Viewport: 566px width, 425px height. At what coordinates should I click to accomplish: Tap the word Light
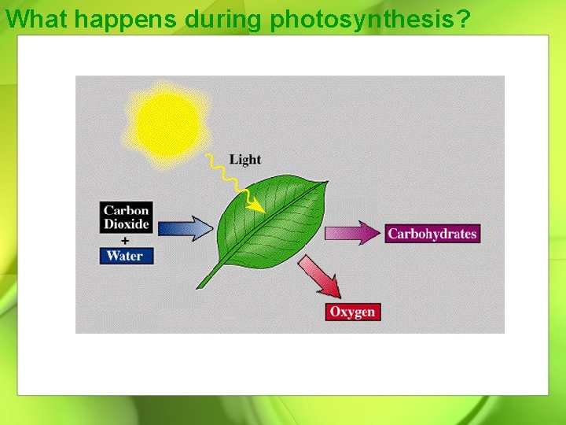tap(244, 160)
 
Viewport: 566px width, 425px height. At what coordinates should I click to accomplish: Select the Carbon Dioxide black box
tap(126, 217)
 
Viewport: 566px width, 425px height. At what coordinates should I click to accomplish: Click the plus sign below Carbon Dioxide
tap(125, 240)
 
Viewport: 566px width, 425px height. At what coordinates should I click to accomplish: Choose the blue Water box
tap(126, 255)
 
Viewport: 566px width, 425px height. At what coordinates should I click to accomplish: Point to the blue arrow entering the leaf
tap(186, 228)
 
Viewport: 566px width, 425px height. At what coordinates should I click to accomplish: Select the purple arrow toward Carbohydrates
tap(352, 233)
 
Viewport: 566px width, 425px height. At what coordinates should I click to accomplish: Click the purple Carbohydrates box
tap(432, 234)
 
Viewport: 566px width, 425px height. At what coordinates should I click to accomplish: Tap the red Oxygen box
tap(352, 312)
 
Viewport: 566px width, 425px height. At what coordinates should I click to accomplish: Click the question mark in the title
tap(462, 18)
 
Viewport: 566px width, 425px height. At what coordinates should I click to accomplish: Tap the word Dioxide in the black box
tap(126, 224)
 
